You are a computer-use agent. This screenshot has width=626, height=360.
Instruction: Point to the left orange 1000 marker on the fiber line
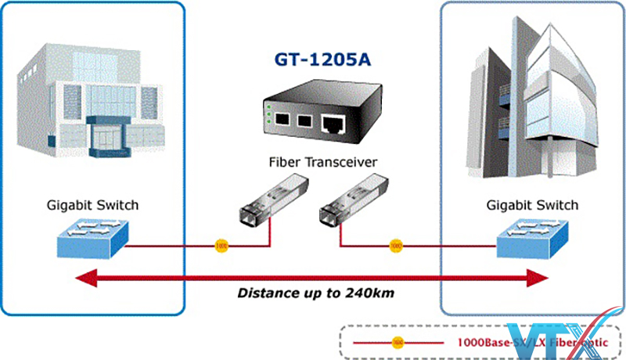(221, 246)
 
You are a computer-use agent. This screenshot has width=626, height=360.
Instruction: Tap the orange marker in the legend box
(398, 342)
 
